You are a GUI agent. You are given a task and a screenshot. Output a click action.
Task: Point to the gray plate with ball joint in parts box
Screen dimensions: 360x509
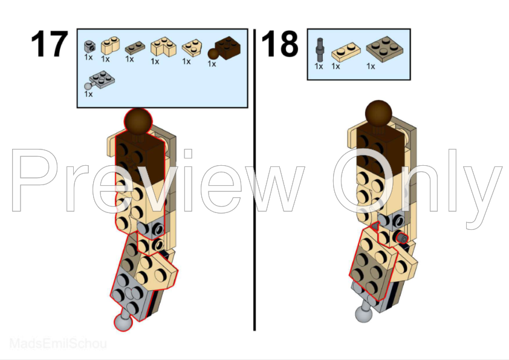[x=99, y=79]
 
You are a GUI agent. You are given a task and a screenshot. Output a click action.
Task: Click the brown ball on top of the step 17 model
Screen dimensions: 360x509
[x=138, y=120]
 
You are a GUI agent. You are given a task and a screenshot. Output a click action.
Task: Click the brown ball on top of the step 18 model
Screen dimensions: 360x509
[x=379, y=113]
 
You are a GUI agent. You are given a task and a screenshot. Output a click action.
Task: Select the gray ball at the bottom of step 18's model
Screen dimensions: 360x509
[x=362, y=314]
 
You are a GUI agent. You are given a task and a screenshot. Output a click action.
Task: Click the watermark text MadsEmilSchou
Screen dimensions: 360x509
[x=58, y=344]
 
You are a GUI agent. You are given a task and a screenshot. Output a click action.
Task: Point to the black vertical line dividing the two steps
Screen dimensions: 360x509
[x=254, y=182]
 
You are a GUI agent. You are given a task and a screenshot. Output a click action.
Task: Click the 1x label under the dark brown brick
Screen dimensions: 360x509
[x=212, y=63]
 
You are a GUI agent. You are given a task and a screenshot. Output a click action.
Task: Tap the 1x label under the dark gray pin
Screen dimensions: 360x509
[x=319, y=66]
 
